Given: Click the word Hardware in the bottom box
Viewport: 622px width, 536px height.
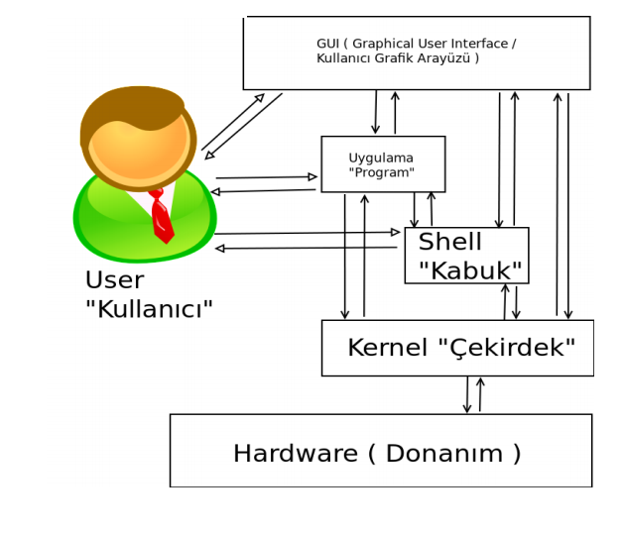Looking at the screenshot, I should (294, 454).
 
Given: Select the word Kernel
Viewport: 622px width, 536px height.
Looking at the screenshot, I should (388, 349).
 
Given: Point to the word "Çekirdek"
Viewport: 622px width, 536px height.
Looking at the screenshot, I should (506, 349).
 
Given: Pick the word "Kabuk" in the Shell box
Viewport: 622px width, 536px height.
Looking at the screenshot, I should (469, 271).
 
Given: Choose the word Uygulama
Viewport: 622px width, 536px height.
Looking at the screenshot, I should (381, 158).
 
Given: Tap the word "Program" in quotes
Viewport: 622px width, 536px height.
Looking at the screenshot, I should (383, 172).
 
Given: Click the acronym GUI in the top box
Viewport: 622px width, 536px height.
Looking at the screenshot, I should (327, 45).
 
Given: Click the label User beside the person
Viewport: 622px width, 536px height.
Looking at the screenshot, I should (114, 280).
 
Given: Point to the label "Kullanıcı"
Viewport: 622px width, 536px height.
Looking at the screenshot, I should (149, 310).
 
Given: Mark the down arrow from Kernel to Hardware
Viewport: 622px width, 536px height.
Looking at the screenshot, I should (467, 395).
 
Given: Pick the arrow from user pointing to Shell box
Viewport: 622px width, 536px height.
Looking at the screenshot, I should (308, 233).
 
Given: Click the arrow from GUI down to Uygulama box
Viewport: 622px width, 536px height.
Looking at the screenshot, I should (376, 112).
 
